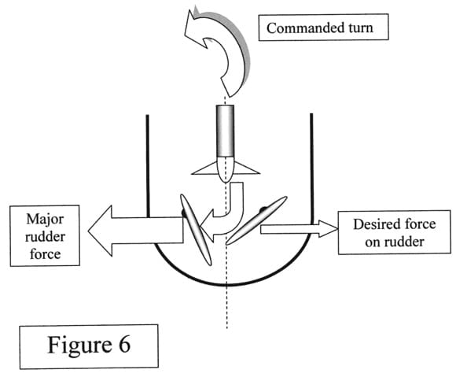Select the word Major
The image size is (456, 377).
45,220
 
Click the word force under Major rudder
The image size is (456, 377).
46,254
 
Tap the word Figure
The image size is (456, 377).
79,346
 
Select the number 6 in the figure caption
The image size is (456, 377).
124,345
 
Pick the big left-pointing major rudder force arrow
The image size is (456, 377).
135,231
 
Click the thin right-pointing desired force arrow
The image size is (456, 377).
300,229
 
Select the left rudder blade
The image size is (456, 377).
196,230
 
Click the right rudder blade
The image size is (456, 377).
256,220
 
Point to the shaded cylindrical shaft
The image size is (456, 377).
225,131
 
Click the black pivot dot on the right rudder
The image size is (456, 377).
263,209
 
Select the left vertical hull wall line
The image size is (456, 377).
148,166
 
